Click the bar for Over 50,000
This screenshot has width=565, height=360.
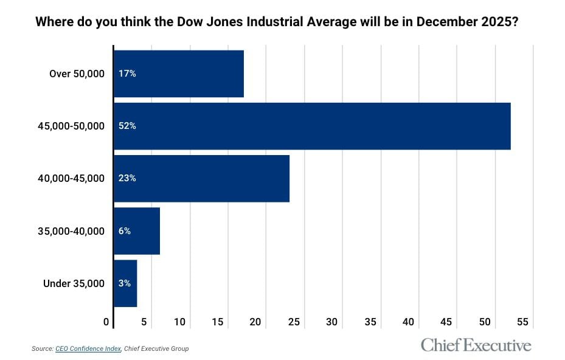click(179, 74)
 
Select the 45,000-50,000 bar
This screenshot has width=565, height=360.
click(312, 126)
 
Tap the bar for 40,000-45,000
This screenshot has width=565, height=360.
click(201, 178)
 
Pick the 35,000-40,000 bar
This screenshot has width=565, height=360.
click(137, 231)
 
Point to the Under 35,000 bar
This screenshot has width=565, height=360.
click(125, 283)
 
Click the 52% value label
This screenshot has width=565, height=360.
click(127, 126)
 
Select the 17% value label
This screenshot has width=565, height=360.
click(127, 74)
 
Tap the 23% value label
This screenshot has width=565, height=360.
click(127, 178)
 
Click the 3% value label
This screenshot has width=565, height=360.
click(125, 283)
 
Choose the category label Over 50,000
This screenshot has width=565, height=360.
click(77, 74)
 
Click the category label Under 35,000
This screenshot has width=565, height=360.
click(74, 283)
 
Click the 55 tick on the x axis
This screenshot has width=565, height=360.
click(523, 321)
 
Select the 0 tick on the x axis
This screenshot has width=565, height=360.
click(107, 321)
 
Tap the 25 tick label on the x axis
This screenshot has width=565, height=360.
click(293, 321)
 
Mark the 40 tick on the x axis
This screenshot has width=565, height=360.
click(408, 321)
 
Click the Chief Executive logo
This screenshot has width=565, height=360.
click(476, 345)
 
